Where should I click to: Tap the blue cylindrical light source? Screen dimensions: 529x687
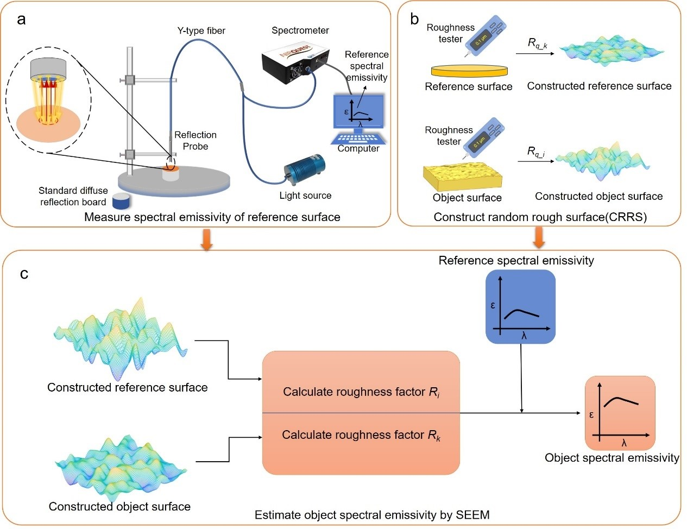pos(305,170)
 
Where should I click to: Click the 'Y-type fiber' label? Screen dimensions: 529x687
pos(201,30)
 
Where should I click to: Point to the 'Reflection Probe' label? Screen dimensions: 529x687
pos(196,140)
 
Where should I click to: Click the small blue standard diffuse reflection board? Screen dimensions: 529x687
pos(121,201)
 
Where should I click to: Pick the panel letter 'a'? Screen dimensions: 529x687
pos(21,20)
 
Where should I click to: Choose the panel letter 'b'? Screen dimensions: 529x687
pos(414,20)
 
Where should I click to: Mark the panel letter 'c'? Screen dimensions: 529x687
pos(24,273)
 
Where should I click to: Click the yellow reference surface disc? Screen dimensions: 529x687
pos(470,71)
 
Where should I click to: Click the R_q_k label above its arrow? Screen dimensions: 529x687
pos(537,43)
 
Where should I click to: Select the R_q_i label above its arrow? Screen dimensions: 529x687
pos(537,152)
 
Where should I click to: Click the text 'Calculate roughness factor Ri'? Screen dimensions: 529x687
pos(361,392)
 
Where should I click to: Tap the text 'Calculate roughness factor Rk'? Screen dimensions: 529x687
pos(361,435)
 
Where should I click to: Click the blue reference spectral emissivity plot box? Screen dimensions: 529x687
pos(520,307)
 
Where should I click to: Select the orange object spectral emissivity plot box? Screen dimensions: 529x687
pos(620,413)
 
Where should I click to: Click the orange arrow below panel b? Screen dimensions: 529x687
pos(539,236)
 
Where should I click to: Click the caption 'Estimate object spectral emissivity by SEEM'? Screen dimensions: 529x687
pos(372,515)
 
